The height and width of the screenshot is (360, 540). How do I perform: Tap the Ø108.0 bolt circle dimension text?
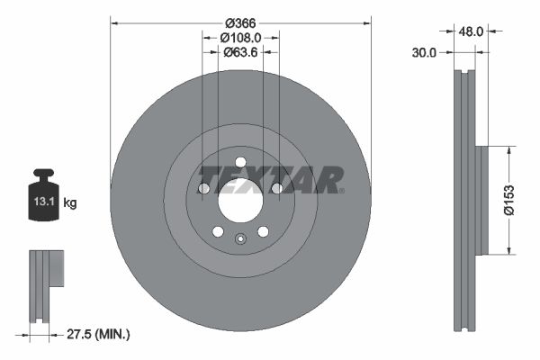coord(240,38)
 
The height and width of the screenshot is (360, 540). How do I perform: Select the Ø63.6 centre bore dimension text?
coord(240,52)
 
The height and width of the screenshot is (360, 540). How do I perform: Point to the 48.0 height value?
coord(472,31)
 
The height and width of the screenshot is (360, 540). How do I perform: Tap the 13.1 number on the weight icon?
coord(44,202)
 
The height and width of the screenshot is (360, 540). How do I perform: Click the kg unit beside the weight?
coord(70,203)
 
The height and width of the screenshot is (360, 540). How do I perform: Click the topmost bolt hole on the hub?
coord(240,161)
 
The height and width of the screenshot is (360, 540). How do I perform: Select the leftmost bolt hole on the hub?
coord(203,188)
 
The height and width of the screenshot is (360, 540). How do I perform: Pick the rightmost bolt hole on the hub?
coord(277,188)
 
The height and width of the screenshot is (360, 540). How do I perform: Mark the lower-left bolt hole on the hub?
coord(218,231)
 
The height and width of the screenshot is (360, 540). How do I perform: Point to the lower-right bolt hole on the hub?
coord(263,231)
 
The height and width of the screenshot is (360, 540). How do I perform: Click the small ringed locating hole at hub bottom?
coord(240,239)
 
